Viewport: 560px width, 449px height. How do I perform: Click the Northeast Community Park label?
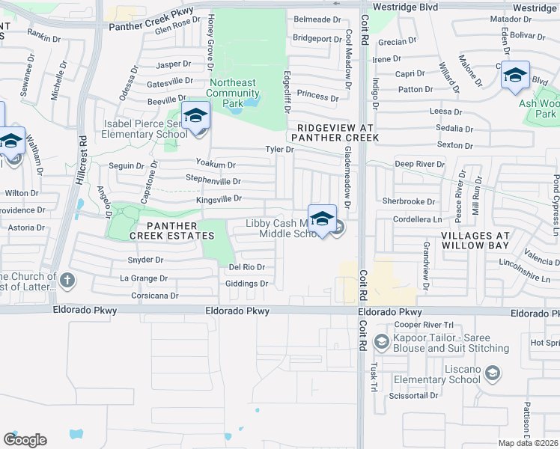233,93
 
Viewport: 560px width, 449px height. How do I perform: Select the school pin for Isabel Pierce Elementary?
195,116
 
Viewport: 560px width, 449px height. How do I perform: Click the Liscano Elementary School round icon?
492,373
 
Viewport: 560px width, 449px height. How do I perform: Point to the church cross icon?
67,281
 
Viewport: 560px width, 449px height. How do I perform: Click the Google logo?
25,440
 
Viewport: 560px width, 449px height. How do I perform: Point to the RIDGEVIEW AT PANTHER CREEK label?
335,132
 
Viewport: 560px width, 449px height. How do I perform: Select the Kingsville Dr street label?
219,198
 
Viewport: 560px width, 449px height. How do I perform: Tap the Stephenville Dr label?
213,181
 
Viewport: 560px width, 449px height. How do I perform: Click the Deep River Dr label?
419,163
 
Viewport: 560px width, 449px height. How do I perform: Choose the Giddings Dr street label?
246,284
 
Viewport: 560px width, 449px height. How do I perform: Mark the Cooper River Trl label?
424,325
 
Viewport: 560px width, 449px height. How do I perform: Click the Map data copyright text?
529,443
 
